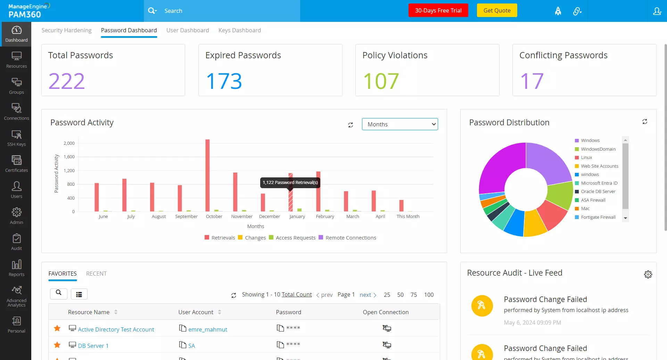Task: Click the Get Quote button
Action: coord(497,10)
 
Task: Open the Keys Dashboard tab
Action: coord(239,30)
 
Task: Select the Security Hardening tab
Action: coord(66,30)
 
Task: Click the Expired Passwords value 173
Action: coord(224,81)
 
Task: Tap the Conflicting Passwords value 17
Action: coord(532,81)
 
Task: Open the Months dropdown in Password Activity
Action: coord(400,124)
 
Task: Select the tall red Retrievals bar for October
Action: coord(207,175)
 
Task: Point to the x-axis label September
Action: coord(186,216)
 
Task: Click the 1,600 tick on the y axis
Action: coord(69,157)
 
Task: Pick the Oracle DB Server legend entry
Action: coord(598,192)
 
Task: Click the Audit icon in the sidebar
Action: coord(16,242)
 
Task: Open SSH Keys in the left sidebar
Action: coord(16,137)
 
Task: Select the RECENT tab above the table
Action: coord(96,274)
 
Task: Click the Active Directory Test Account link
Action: coord(116,329)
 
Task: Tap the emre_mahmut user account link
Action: coord(208,329)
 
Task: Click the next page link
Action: coord(365,295)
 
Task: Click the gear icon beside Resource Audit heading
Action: coord(648,274)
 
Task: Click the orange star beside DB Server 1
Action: coord(57,345)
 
